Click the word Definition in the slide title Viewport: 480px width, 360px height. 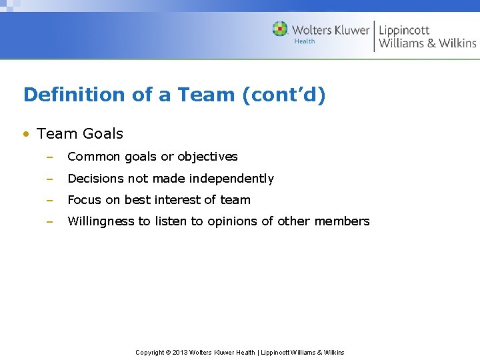click(x=75, y=95)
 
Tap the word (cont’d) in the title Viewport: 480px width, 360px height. click(x=284, y=95)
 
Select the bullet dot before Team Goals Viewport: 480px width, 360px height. click(x=25, y=134)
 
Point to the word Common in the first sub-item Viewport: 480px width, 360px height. click(x=93, y=157)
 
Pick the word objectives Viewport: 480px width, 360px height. click(x=207, y=157)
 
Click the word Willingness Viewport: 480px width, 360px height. click(x=101, y=221)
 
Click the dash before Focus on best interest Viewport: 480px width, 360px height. click(x=49, y=200)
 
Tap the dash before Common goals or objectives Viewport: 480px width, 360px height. click(x=49, y=157)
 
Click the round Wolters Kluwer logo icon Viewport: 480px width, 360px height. click(x=280, y=29)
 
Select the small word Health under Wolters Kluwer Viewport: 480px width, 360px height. click(x=304, y=41)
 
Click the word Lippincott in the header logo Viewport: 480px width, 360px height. click(x=404, y=30)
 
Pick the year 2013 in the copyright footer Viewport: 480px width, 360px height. click(x=180, y=352)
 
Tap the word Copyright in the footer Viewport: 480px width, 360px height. click(x=149, y=352)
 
